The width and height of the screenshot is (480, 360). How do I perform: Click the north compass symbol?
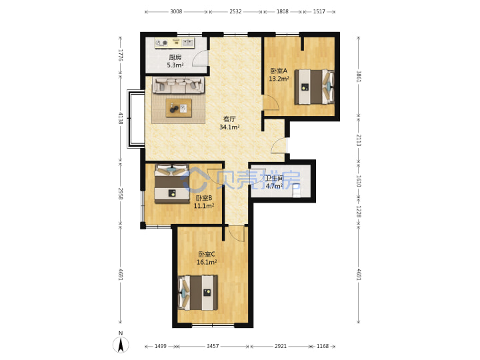click(121, 344)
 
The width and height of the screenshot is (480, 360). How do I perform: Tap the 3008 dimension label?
click(176, 11)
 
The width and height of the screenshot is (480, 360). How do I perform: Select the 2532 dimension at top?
click(235, 11)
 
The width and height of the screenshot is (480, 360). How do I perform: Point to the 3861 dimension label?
click(359, 77)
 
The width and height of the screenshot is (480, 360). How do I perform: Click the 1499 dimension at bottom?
click(161, 346)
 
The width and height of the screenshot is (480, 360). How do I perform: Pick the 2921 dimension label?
click(281, 346)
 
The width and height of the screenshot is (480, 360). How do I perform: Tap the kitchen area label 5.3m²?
click(175, 65)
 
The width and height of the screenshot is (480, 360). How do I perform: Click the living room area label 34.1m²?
click(229, 127)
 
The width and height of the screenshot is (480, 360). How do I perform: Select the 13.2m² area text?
click(279, 79)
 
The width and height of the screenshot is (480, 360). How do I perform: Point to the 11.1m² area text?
click(204, 206)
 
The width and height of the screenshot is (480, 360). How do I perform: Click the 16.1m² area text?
click(207, 263)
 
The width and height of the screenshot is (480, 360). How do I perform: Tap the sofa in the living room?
click(179, 85)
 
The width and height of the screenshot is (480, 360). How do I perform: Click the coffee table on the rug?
click(179, 108)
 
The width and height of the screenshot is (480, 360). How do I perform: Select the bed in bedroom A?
click(314, 87)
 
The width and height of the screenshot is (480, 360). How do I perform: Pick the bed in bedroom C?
click(198, 293)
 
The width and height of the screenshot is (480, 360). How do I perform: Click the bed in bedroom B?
click(171, 184)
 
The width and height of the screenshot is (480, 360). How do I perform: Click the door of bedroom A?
click(271, 103)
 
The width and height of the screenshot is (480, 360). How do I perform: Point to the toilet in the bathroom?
click(296, 191)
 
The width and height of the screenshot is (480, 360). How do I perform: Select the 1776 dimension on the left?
click(120, 55)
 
